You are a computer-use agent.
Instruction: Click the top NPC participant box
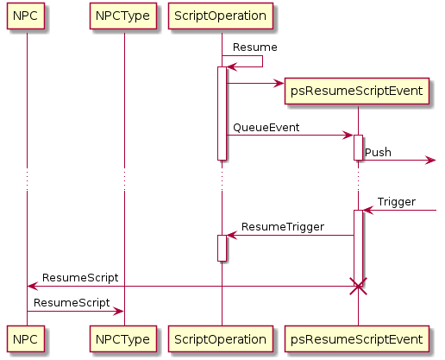click(x=26, y=16)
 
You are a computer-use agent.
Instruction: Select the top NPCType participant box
click(x=123, y=16)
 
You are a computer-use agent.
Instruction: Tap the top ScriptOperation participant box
click(x=221, y=16)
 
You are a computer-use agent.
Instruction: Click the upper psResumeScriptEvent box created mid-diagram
click(x=357, y=91)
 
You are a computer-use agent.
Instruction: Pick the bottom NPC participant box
click(x=26, y=338)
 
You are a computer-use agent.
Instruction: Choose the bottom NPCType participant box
click(x=123, y=338)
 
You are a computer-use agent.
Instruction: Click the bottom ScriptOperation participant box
click(x=221, y=338)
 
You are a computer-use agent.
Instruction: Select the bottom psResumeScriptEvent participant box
click(x=357, y=338)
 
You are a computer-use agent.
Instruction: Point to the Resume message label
click(x=255, y=47)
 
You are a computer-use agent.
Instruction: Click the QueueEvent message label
click(x=266, y=128)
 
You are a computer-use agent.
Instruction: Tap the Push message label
click(x=378, y=152)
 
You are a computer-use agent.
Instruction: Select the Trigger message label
click(x=397, y=202)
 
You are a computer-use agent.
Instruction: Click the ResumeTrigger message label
click(x=283, y=227)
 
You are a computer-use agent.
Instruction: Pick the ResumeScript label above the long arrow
click(x=80, y=278)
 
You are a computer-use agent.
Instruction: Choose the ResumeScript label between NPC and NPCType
click(x=72, y=303)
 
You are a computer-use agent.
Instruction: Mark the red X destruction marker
click(x=358, y=287)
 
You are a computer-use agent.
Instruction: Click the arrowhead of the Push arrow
click(x=431, y=161)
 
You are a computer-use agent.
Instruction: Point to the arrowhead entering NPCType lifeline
click(x=118, y=311)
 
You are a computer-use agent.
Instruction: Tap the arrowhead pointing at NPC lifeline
click(x=33, y=287)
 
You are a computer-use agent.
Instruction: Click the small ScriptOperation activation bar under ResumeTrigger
click(x=222, y=249)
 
